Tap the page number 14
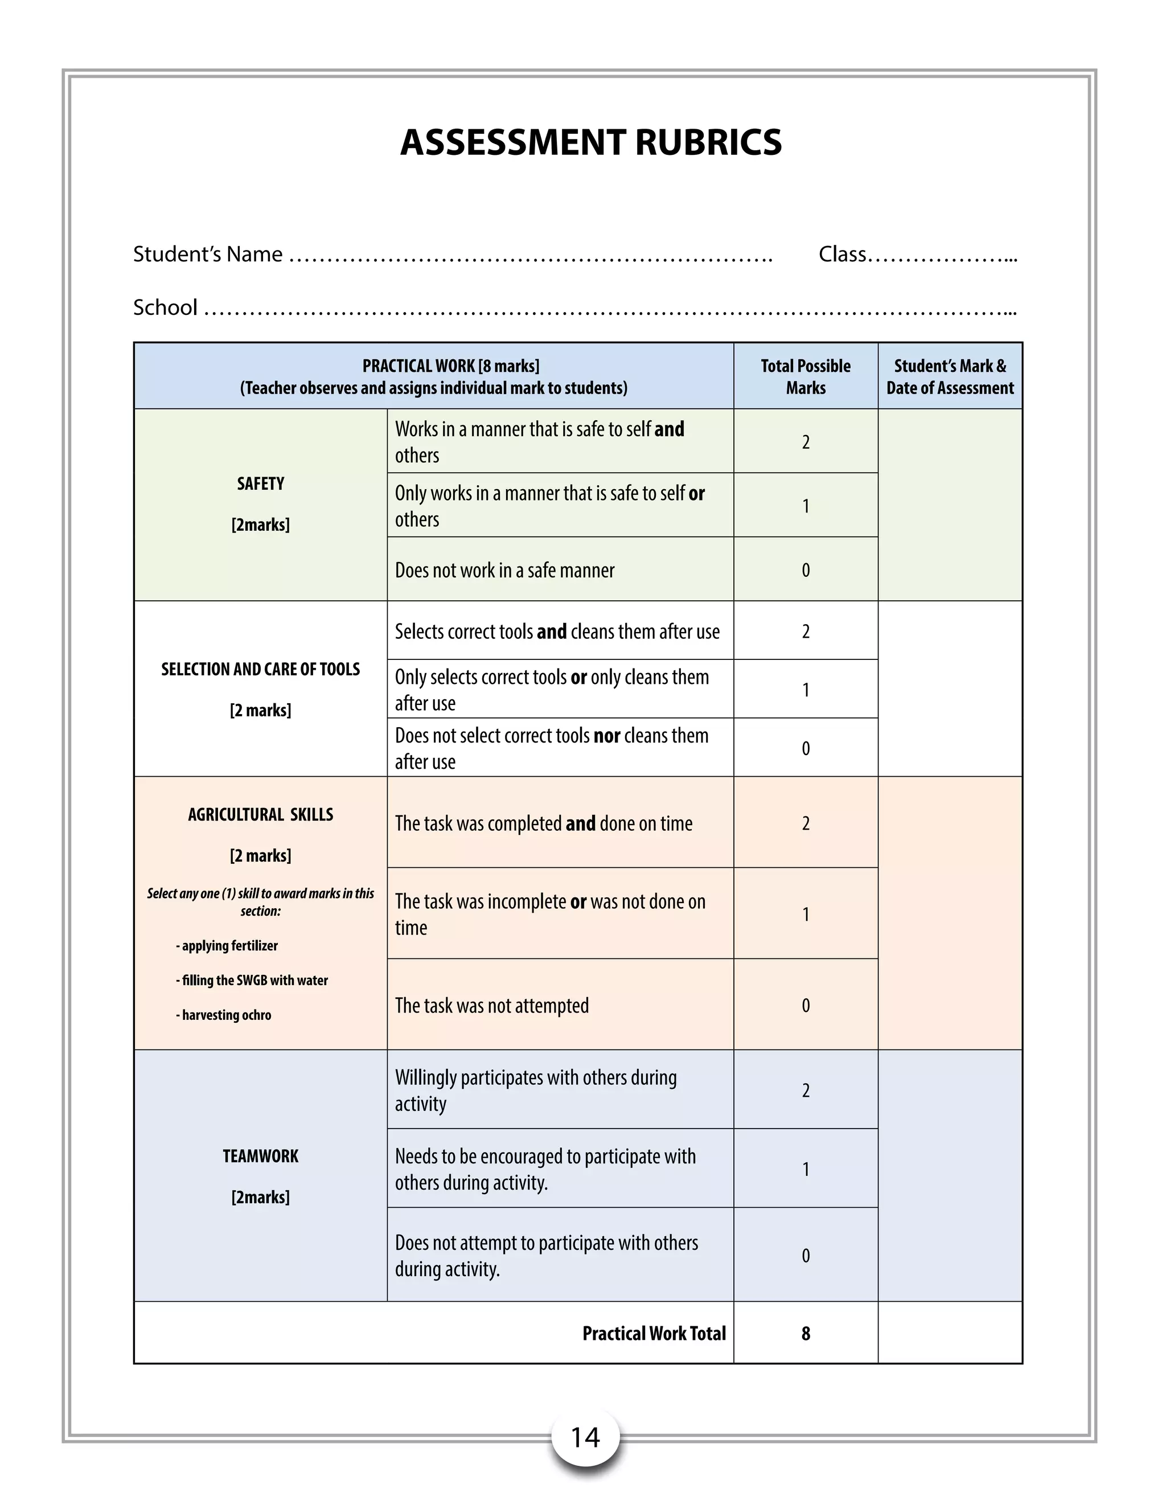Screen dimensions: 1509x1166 (x=585, y=1437)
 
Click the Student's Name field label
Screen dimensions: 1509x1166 (x=207, y=255)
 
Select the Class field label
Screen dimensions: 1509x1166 (x=842, y=255)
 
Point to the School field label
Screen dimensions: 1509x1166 (x=165, y=307)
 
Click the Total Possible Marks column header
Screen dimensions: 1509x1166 (x=806, y=376)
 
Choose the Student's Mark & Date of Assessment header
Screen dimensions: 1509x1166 (x=950, y=376)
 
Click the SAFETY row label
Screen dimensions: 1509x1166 (x=260, y=483)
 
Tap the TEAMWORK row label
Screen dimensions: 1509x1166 (x=260, y=1156)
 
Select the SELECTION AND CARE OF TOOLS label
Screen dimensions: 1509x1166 (x=260, y=669)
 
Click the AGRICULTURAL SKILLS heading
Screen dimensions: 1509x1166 (x=260, y=815)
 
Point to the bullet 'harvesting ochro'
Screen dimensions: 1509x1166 (x=224, y=1015)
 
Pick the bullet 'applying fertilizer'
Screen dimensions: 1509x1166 (x=227, y=946)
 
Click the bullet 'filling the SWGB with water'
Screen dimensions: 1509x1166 (x=252, y=981)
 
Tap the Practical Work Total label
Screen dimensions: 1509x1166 (x=654, y=1334)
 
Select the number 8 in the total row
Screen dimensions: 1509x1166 (x=806, y=1334)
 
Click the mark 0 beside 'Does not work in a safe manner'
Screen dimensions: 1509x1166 (x=806, y=570)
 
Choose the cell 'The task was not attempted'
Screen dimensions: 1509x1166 (x=492, y=1005)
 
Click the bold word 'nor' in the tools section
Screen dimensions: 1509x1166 (x=606, y=736)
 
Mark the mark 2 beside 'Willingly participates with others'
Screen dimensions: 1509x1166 (x=806, y=1090)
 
